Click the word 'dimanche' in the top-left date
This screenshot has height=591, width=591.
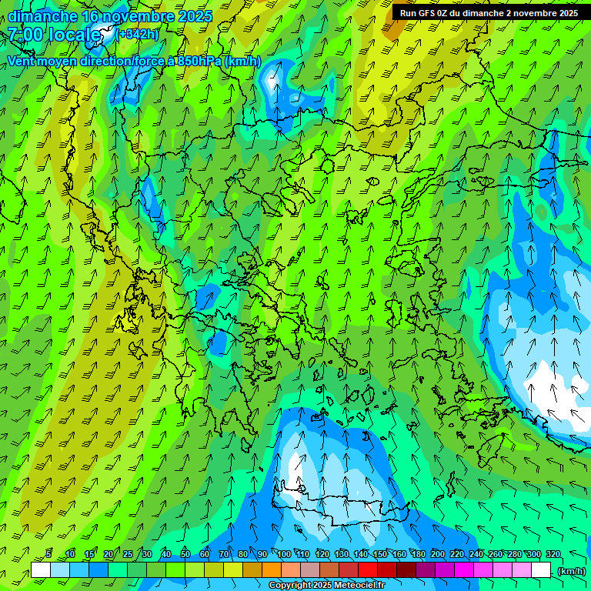42,16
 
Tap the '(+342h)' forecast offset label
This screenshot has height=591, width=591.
138,34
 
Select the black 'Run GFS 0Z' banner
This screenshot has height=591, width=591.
489,12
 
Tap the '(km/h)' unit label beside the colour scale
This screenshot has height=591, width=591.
571,571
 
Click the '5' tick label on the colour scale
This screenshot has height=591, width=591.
48,554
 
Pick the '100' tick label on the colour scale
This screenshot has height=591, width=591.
284,554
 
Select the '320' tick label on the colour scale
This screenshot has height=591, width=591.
553,554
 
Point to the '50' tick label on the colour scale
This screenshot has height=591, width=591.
185,554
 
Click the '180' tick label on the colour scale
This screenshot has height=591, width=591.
419,554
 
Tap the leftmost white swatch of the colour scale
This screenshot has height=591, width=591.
41,570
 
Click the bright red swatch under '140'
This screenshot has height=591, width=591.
368,570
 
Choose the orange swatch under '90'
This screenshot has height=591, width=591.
272,570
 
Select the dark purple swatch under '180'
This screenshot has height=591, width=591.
426,570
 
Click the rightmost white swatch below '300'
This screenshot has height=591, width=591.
541,570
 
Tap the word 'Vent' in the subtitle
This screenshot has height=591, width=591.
22,62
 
